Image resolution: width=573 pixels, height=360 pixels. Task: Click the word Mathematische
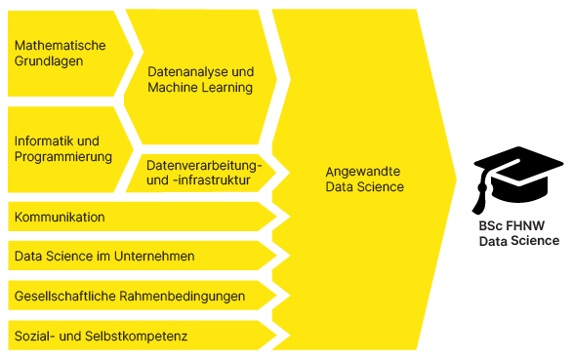[60, 46]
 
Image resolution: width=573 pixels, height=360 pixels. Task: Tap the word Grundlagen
[49, 60]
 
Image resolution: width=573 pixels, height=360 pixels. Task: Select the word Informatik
[45, 141]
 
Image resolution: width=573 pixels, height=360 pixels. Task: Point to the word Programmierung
[63, 157]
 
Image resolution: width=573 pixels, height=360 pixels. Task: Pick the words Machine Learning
[200, 88]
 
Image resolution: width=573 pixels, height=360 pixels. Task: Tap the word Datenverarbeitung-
[204, 166]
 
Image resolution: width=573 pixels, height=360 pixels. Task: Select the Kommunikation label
[60, 218]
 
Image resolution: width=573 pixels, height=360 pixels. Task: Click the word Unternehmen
[154, 257]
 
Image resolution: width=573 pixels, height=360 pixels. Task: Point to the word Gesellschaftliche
[65, 297]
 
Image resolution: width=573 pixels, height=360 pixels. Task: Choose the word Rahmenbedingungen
[182, 297]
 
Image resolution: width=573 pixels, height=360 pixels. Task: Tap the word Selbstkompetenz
[136, 336]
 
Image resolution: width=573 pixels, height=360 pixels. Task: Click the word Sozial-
[35, 336]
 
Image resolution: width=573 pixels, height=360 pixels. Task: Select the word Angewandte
[363, 172]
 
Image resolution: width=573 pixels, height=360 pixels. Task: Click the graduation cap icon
[517, 180]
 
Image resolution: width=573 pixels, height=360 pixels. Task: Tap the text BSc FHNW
[512, 226]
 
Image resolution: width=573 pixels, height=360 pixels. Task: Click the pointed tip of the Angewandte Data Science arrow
[456, 180]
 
